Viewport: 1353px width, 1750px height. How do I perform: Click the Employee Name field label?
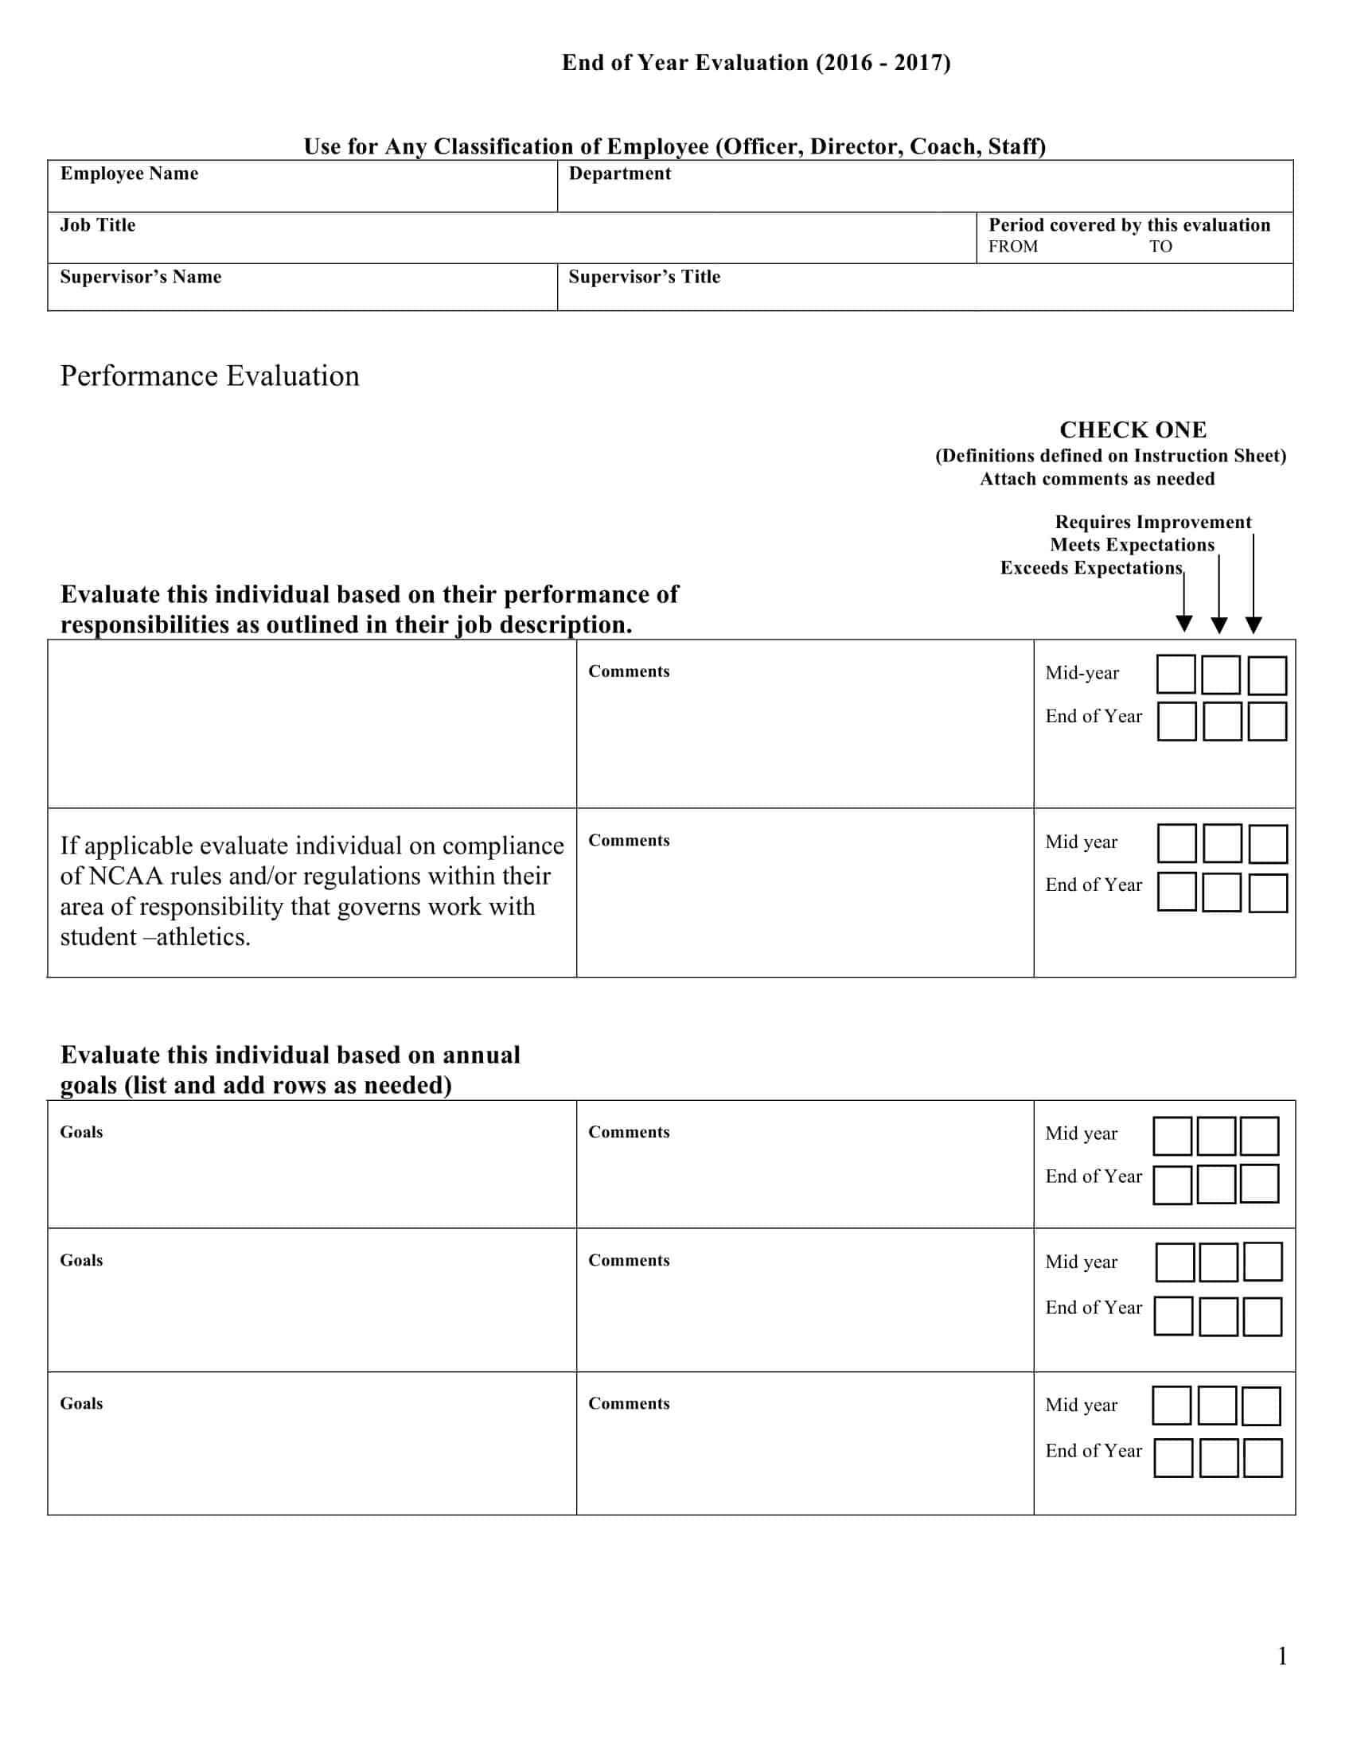(x=129, y=174)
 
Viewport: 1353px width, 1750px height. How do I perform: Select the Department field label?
(x=619, y=174)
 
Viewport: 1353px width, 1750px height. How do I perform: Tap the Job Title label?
(x=98, y=225)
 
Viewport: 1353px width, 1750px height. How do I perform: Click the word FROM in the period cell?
(x=1012, y=247)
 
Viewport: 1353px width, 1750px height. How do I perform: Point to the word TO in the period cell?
(x=1160, y=247)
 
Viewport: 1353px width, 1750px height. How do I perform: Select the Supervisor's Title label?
(x=644, y=278)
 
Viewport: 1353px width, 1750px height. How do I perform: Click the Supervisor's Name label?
(x=140, y=278)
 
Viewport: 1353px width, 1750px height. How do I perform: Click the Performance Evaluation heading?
(x=209, y=375)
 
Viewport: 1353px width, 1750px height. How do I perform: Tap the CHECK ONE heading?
(x=1132, y=430)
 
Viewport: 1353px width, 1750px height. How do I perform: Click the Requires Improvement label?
(x=1152, y=523)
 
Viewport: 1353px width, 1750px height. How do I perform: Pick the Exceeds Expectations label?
(x=1090, y=568)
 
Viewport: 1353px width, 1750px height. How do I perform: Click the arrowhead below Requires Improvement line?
(x=1254, y=625)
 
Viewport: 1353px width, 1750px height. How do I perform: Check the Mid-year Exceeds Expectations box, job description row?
(x=1176, y=675)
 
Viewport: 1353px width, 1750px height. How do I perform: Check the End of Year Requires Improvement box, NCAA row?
(x=1267, y=892)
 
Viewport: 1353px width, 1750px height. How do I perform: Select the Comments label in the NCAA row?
(x=629, y=841)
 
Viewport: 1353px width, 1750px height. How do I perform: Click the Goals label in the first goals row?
(x=81, y=1132)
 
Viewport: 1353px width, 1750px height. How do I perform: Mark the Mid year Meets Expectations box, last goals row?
(x=1217, y=1406)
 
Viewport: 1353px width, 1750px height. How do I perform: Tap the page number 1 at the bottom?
(x=1281, y=1656)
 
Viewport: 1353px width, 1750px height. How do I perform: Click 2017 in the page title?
(x=918, y=64)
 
